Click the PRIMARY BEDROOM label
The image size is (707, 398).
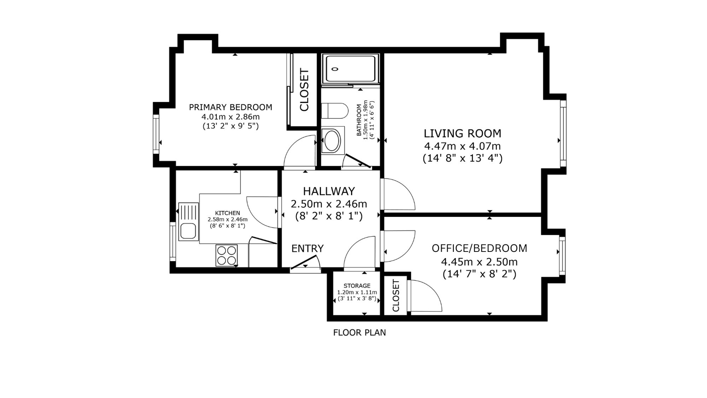point(230,107)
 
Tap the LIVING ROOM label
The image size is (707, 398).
point(462,133)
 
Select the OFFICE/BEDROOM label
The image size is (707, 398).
point(479,248)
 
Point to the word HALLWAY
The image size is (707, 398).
point(329,191)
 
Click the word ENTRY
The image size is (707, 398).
point(308,249)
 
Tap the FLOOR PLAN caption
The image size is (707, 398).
point(360,333)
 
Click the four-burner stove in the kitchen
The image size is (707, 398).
point(227,255)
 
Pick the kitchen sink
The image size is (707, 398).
point(189,221)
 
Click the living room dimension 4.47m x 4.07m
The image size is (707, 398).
point(462,146)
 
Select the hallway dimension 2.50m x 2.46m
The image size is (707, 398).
point(329,204)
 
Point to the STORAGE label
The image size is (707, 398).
point(357,286)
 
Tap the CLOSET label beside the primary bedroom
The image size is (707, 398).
point(304,90)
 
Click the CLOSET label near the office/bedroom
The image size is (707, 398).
point(396,296)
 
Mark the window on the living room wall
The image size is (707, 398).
point(563,134)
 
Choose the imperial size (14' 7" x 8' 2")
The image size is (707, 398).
point(479,274)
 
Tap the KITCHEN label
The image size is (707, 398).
point(228,213)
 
